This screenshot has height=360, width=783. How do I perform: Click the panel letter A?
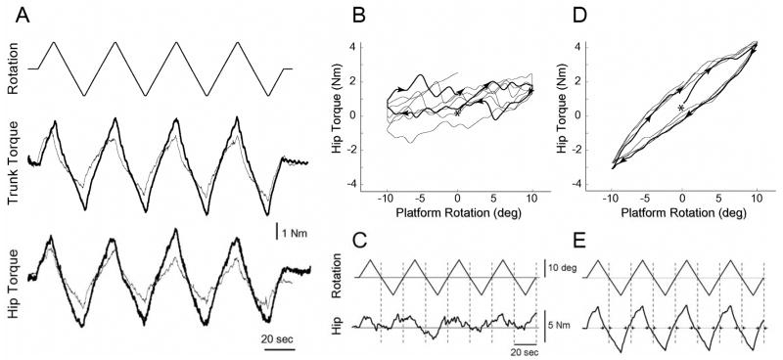[x=10, y=11]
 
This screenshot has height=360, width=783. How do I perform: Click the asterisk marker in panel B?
[x=457, y=113]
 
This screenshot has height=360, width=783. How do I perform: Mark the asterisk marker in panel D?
[x=681, y=108]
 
